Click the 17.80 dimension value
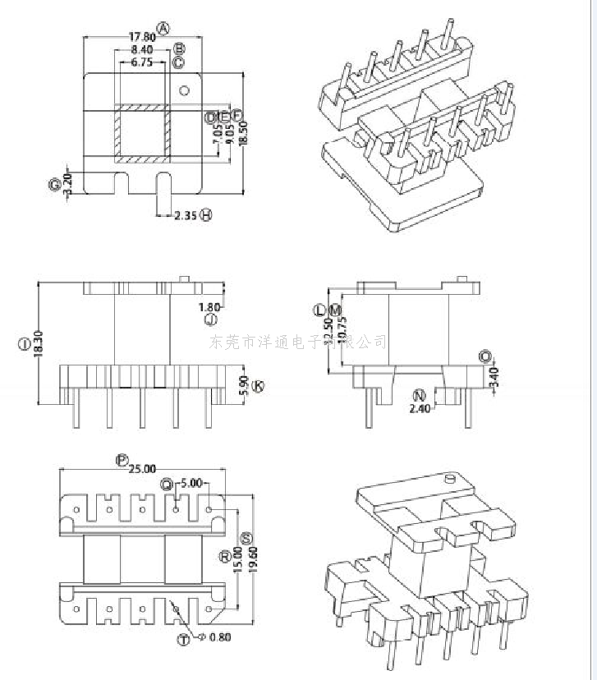tap(141, 37)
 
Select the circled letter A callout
tap(163, 29)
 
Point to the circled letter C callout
tap(178, 62)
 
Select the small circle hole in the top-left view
tap(185, 90)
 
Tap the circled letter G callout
tap(55, 186)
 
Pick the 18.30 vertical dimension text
tap(39, 343)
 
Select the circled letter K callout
tap(258, 385)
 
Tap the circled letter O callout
tap(485, 356)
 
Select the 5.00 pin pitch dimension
tap(191, 484)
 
